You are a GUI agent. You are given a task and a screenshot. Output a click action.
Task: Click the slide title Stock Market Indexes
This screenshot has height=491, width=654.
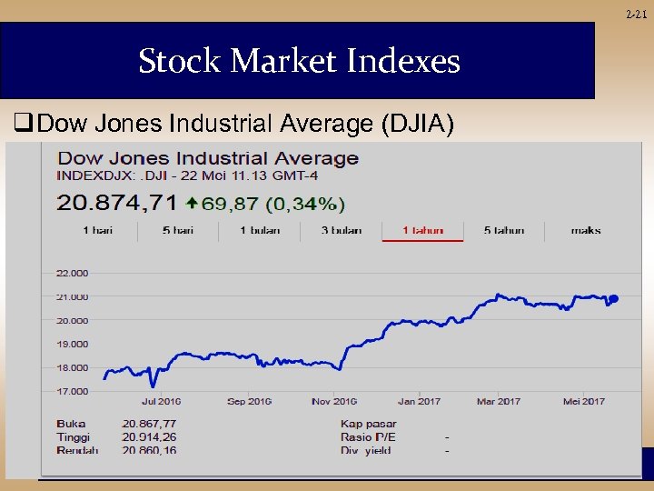click(x=299, y=62)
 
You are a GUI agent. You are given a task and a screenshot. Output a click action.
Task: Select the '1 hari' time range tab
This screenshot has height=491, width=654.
click(x=97, y=231)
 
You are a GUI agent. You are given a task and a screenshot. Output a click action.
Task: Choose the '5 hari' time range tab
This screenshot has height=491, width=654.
click(x=178, y=231)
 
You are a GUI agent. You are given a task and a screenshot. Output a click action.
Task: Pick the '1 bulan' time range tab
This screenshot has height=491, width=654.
click(x=260, y=231)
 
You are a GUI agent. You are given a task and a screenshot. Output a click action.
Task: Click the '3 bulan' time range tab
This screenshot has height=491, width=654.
click(x=342, y=231)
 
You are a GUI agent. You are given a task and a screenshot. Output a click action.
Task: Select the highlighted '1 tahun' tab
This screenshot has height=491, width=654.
click(x=423, y=231)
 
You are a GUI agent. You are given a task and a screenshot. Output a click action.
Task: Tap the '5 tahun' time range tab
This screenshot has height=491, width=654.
click(x=504, y=231)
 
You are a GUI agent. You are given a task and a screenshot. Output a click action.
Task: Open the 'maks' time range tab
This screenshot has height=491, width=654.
click(x=586, y=231)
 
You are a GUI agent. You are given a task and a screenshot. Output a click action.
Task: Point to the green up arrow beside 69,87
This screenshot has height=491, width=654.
click(x=192, y=203)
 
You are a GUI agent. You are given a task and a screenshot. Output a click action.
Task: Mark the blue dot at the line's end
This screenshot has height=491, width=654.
click(x=614, y=298)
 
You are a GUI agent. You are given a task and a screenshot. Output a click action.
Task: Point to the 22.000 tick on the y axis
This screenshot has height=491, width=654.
click(x=73, y=273)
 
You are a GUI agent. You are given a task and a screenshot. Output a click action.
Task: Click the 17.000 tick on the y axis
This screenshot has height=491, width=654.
click(x=73, y=391)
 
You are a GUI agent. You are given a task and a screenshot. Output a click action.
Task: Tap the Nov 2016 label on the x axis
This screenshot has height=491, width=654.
click(x=333, y=401)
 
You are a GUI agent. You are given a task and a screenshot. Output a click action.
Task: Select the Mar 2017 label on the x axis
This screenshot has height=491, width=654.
click(x=499, y=401)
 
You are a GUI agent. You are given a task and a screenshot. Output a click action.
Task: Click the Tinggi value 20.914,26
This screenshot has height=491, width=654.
click(x=149, y=437)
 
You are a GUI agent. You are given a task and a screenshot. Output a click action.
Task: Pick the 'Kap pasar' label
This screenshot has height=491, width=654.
click(x=368, y=424)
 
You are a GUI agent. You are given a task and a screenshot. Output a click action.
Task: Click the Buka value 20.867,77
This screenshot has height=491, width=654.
click(x=149, y=424)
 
